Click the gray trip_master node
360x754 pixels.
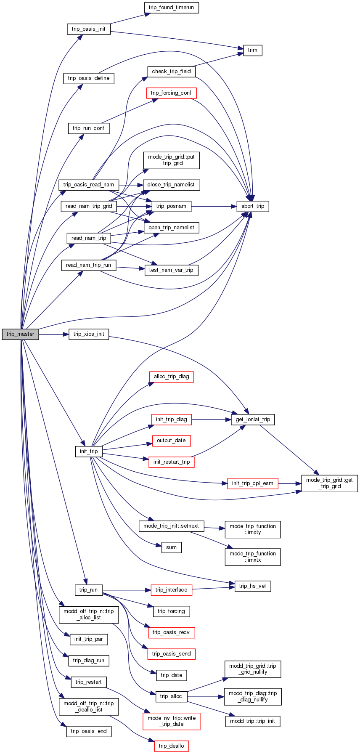(x=20, y=334)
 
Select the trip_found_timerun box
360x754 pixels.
(x=171, y=8)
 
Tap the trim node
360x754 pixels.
(x=252, y=50)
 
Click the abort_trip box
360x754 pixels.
(x=252, y=206)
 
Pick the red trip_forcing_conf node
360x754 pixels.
(x=171, y=93)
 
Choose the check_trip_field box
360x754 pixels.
(x=171, y=72)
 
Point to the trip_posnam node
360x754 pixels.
(x=171, y=206)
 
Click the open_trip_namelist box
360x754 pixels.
(x=171, y=228)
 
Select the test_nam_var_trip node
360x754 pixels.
(x=171, y=270)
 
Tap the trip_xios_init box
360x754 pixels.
(x=88, y=334)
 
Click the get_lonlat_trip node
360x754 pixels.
(x=253, y=419)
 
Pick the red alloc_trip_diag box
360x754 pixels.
(x=171, y=377)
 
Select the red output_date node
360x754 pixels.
(x=171, y=441)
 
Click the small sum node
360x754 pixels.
(x=171, y=547)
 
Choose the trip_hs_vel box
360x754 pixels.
(x=252, y=586)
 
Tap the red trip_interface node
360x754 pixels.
(x=171, y=590)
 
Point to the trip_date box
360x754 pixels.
(x=171, y=675)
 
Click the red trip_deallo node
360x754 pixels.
(x=171, y=746)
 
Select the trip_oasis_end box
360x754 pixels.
(x=89, y=731)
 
